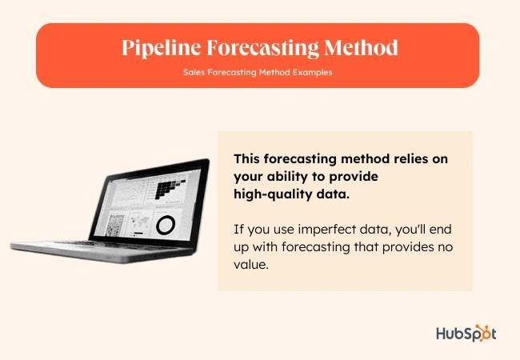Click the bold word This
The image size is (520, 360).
click(x=249, y=159)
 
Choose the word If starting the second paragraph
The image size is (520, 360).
click(x=238, y=229)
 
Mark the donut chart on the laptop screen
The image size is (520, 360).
click(x=166, y=225)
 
